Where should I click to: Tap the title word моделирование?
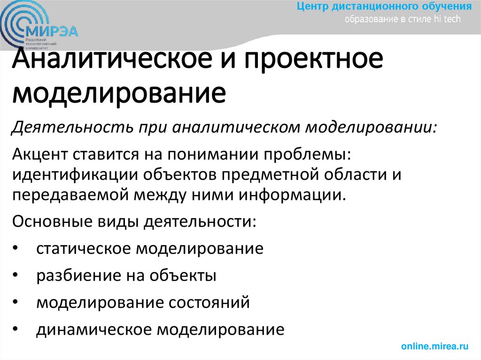pyautogui.click(x=119, y=93)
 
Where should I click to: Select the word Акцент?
pyautogui.click(x=41, y=155)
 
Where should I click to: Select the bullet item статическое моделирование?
pyautogui.click(x=149, y=248)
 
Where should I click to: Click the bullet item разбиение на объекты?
pyautogui.click(x=126, y=276)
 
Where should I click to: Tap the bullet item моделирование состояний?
pyautogui.click(x=143, y=303)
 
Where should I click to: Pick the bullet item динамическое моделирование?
pyautogui.click(x=160, y=330)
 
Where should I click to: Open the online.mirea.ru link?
pyautogui.click(x=435, y=346)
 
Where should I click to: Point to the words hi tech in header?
pyautogui.click(x=450, y=19)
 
